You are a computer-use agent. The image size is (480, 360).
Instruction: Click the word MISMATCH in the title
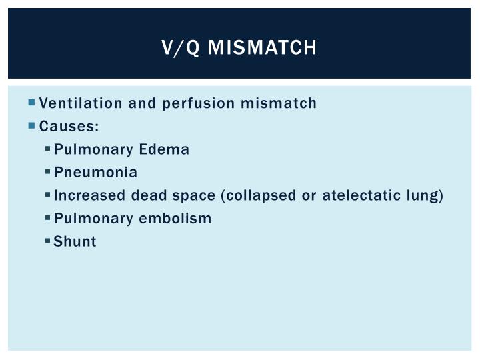[x=262, y=47]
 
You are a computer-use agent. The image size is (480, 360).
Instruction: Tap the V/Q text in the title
[x=181, y=48]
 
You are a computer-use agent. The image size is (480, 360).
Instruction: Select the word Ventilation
[x=81, y=103]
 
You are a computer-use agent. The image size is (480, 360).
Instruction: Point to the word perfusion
[x=199, y=104]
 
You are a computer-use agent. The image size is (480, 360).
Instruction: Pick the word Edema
[x=164, y=149]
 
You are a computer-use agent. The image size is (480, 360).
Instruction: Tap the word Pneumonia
[x=95, y=172]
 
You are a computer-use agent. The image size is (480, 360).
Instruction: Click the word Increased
[x=89, y=195]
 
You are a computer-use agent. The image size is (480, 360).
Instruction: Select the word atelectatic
[x=361, y=195]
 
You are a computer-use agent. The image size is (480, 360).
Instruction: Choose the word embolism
[x=175, y=218]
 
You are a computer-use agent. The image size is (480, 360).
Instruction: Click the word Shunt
[x=75, y=241]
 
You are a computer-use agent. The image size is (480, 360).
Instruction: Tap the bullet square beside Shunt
[x=47, y=241]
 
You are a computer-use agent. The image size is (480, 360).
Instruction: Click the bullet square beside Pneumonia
[x=47, y=172]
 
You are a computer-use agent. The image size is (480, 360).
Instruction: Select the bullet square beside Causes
[x=31, y=125]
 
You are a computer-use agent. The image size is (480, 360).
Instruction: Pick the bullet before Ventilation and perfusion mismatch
[x=31, y=102]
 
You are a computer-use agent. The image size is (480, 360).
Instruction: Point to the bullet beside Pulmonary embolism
[x=47, y=217]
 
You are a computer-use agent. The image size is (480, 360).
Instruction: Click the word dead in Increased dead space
[x=149, y=195]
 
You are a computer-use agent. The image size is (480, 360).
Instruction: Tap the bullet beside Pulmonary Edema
[x=47, y=149]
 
